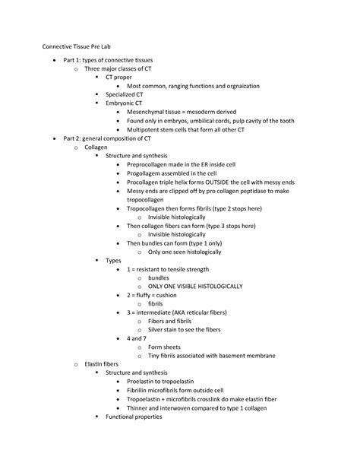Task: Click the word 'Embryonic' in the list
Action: tap(120, 103)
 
